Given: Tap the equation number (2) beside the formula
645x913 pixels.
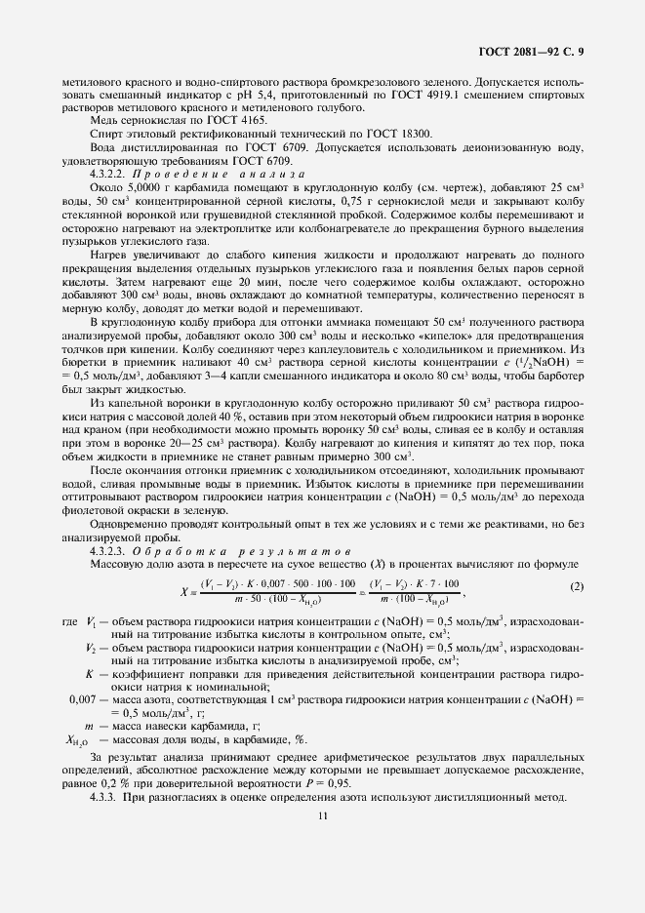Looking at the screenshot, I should point(577,586).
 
